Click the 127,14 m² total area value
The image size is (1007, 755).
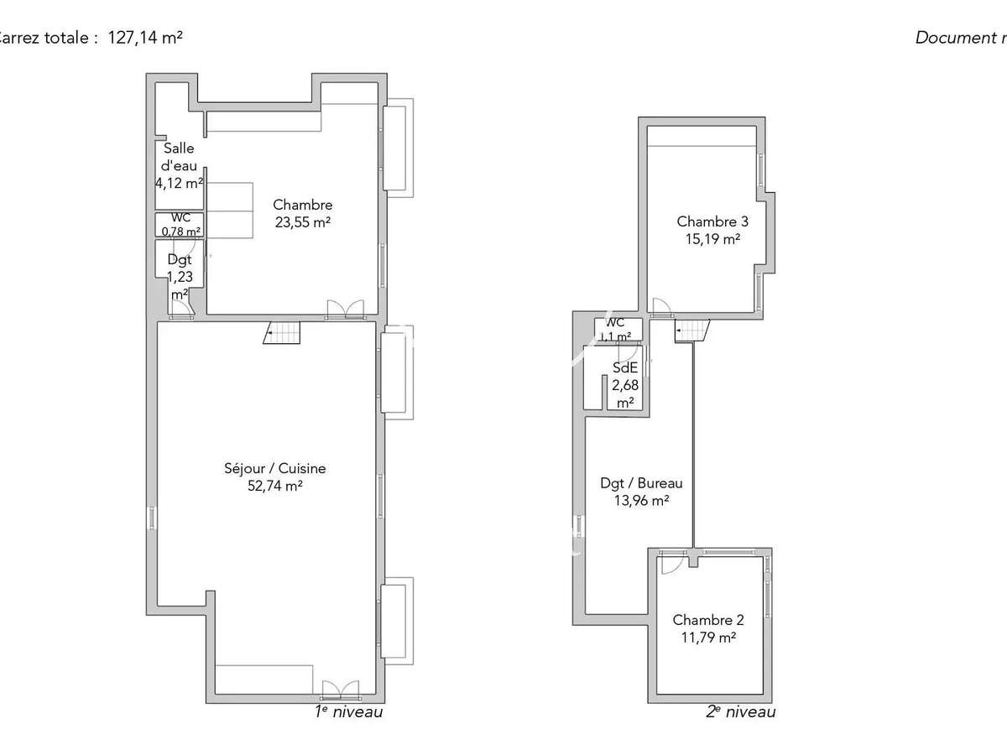(x=145, y=38)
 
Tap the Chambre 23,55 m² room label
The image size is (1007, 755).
(x=303, y=213)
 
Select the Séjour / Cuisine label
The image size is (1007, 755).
(x=274, y=469)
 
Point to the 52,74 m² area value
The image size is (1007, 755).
(x=274, y=486)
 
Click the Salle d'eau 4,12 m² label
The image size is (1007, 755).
(x=179, y=164)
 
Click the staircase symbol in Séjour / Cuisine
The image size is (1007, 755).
(x=282, y=333)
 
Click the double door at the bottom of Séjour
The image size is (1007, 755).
(x=340, y=690)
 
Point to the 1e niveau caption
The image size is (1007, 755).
(x=348, y=712)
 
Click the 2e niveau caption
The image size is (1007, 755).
(x=740, y=712)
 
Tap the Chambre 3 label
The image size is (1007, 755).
(x=712, y=221)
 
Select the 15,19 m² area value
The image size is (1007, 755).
(x=712, y=238)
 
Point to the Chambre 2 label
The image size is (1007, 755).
(x=708, y=620)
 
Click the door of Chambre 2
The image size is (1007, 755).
(x=670, y=564)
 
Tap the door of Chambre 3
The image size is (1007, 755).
(x=660, y=306)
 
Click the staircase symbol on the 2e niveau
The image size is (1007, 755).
(x=691, y=331)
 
